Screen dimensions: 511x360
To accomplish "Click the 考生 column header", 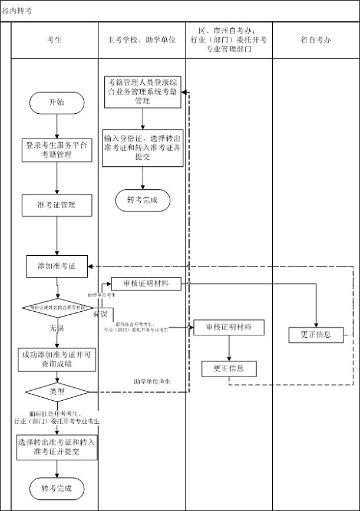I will tap(54, 40).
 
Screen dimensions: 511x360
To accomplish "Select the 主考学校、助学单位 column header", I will tap(141, 40).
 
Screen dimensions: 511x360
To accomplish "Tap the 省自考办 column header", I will tap(316, 40).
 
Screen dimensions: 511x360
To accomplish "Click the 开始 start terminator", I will tap(57, 103).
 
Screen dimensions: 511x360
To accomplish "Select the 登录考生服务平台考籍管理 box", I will tap(57, 150).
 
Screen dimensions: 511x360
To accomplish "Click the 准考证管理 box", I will tap(57, 205).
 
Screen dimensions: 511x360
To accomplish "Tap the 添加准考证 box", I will tap(57, 266).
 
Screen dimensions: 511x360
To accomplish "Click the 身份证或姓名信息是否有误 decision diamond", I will tap(57, 307).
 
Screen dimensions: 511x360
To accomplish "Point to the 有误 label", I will tap(100, 315).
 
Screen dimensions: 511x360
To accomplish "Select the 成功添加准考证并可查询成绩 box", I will tap(57, 360).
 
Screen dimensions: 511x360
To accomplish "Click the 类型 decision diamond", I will tap(57, 391).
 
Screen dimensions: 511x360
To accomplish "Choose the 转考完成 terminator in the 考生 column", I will tap(57, 488).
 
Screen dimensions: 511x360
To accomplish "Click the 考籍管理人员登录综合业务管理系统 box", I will tap(143, 92).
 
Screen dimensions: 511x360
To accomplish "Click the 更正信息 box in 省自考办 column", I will tap(316, 334).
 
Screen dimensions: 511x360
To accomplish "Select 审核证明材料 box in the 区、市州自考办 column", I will tap(229, 327).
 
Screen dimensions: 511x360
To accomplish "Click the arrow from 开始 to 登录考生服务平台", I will tap(57, 126).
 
